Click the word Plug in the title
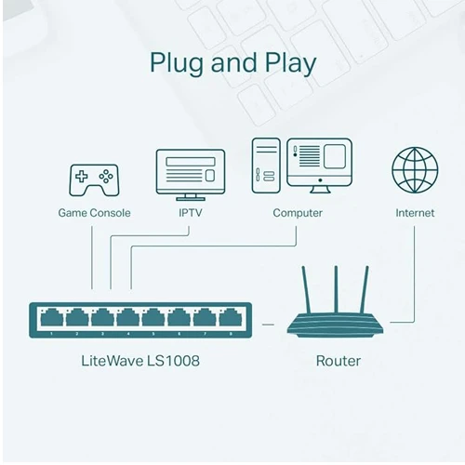(177, 64)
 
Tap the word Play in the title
(290, 64)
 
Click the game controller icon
(94, 180)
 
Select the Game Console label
(94, 213)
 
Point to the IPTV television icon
(191, 175)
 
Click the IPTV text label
(191, 213)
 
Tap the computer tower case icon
(266, 166)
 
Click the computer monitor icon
(320, 166)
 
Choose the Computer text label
(298, 213)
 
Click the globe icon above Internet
(415, 170)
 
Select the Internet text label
(415, 213)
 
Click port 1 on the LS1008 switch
(51, 317)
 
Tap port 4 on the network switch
(128, 317)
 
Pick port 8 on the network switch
(231, 317)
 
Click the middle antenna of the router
(336, 289)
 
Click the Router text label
(339, 361)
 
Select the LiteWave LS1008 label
(140, 361)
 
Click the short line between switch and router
(268, 325)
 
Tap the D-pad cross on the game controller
(82, 177)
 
